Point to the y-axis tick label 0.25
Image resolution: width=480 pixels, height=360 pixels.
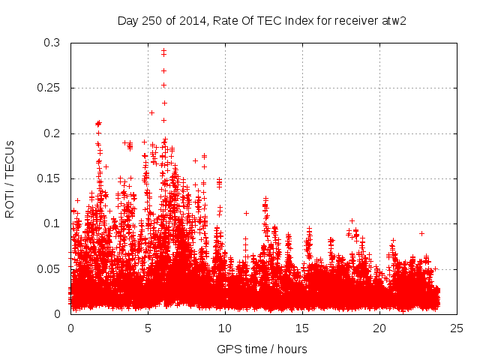(x=52, y=88)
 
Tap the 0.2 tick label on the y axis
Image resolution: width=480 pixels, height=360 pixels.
(x=55, y=133)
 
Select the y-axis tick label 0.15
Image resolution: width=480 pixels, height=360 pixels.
(x=52, y=178)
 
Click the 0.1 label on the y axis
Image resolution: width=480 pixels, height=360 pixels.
(x=55, y=223)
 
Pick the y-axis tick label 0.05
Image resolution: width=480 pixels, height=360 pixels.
(x=52, y=268)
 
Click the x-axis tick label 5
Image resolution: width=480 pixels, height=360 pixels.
(x=148, y=328)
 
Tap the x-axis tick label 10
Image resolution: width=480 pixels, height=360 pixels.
(x=225, y=328)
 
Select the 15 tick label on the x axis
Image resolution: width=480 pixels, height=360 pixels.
(x=302, y=328)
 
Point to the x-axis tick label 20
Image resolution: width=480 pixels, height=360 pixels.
(x=379, y=328)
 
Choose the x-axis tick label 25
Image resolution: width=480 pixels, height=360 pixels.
(x=457, y=328)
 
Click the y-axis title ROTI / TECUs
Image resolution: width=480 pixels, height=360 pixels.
(x=10, y=178)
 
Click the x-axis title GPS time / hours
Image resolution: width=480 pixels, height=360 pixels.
(x=262, y=349)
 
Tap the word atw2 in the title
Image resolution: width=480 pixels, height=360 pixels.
(x=393, y=19)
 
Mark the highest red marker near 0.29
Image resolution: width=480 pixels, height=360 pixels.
(x=163, y=50)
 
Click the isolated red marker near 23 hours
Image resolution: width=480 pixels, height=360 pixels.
(x=421, y=233)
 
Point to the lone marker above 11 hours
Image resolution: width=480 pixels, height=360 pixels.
(x=246, y=213)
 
